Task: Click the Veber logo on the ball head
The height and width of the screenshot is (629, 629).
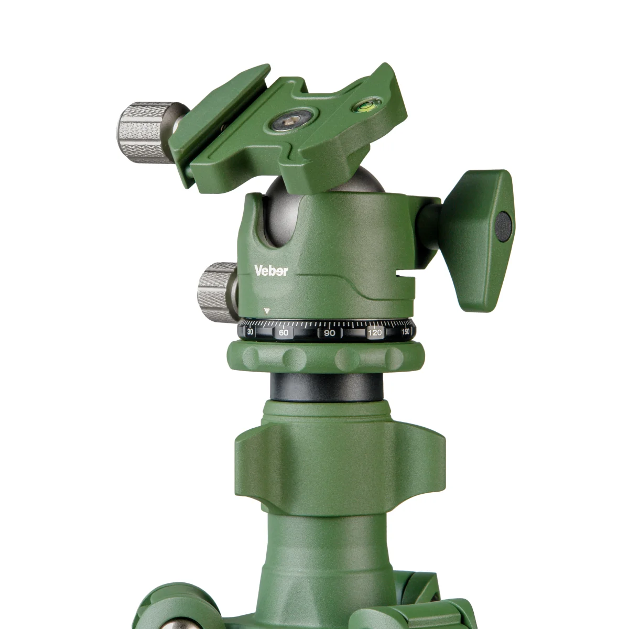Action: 271,270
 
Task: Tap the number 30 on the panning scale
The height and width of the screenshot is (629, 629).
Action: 251,332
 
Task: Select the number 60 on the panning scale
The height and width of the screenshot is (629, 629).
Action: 284,333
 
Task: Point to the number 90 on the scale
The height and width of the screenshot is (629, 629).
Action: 329,333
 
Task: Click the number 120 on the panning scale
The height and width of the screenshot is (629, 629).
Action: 375,333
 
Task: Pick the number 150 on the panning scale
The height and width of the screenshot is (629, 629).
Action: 405,332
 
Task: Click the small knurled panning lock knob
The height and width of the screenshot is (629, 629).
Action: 217,292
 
